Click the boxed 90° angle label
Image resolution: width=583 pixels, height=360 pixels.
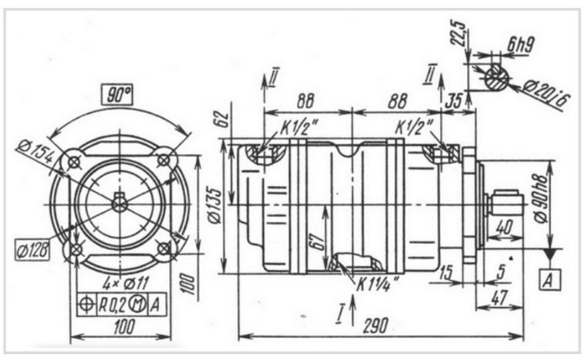click(x=118, y=95)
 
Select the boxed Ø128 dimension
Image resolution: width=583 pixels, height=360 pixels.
click(x=32, y=249)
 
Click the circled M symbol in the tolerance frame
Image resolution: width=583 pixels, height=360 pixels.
click(x=137, y=305)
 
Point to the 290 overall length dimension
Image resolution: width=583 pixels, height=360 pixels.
click(x=375, y=326)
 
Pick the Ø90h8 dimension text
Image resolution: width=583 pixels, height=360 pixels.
click(x=542, y=199)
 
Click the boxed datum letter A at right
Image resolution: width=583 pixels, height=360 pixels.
click(x=549, y=279)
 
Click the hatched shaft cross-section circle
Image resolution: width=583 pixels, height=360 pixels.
click(x=496, y=78)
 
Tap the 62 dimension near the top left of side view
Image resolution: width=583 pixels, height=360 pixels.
click(x=223, y=119)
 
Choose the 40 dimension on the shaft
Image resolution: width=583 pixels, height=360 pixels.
click(x=504, y=228)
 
